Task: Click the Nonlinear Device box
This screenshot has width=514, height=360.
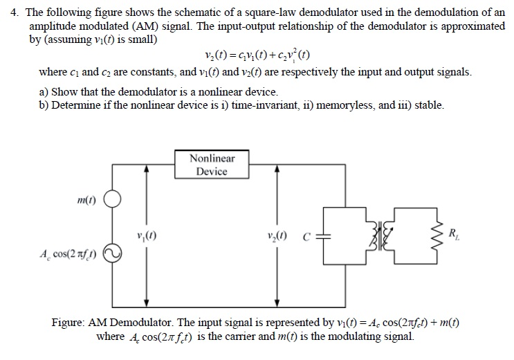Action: click(212, 165)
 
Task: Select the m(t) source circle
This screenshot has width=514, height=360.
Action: click(113, 201)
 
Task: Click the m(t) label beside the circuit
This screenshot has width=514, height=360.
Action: click(86, 200)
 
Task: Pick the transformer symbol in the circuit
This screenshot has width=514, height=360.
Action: click(384, 235)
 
